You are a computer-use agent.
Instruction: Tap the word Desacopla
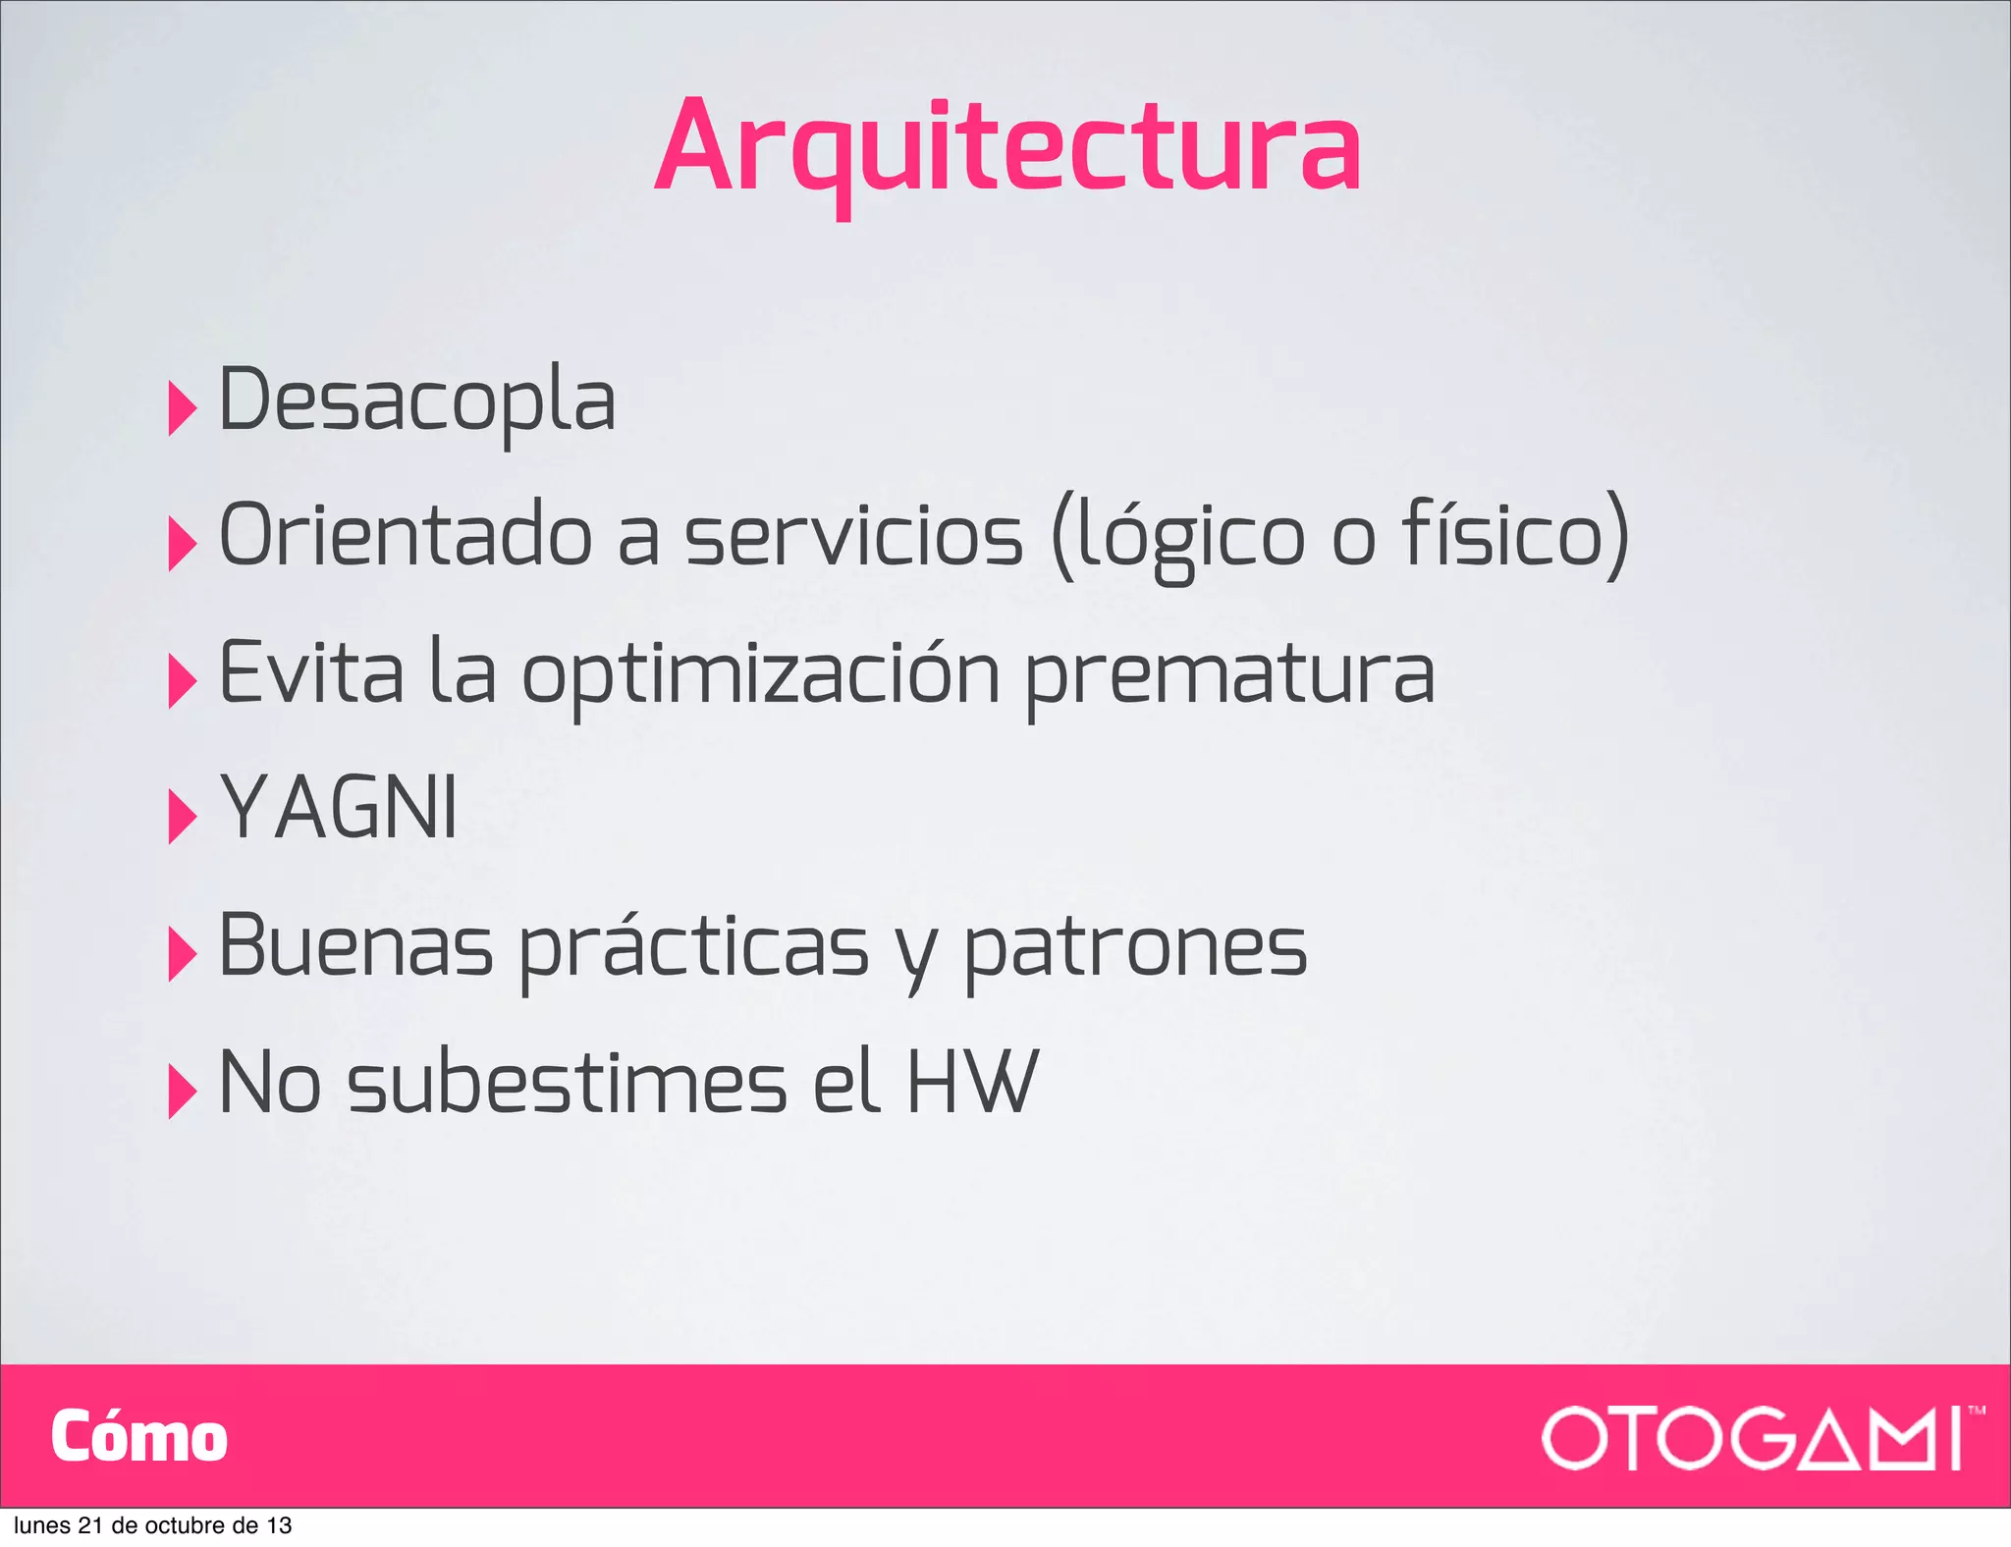417,400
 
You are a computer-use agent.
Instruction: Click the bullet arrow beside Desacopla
182,407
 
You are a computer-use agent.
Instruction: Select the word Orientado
406,536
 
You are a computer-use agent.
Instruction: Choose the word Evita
311,672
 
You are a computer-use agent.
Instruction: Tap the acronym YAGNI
339,808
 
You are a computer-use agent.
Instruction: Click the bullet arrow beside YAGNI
182,816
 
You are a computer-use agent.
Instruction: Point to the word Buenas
355,945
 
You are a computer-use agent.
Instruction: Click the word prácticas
694,947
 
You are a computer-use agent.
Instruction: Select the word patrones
1135,947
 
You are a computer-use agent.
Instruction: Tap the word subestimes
568,1082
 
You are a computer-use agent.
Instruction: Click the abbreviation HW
971,1082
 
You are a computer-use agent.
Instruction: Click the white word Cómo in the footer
139,1437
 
